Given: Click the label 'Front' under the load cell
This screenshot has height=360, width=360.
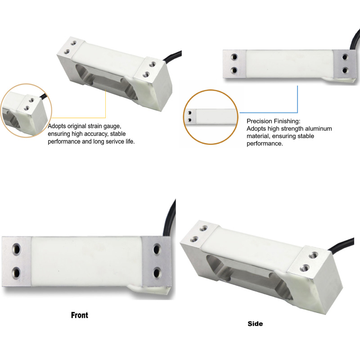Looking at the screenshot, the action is (x=80, y=315).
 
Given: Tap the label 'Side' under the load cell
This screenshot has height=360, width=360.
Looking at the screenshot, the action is (x=255, y=324).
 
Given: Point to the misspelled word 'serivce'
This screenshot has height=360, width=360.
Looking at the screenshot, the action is (x=115, y=141).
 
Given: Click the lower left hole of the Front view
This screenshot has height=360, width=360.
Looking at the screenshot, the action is (x=17, y=273).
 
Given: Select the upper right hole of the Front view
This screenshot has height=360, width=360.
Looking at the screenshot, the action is (x=157, y=249).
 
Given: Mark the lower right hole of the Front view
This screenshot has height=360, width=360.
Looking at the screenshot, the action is (x=157, y=273).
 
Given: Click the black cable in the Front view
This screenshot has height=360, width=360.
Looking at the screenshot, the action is (x=169, y=218).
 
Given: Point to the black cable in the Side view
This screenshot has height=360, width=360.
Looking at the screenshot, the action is (x=341, y=244).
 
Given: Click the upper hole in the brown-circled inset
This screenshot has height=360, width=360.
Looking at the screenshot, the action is (x=189, y=113).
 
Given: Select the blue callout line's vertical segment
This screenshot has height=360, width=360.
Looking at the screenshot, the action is (x=297, y=99).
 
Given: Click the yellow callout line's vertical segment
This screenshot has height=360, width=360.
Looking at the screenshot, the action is (x=106, y=103).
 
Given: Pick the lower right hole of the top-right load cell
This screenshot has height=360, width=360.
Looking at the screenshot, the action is (x=345, y=70).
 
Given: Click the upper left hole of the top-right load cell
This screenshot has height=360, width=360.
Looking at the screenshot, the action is (x=234, y=57).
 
